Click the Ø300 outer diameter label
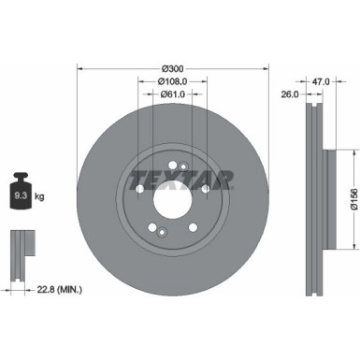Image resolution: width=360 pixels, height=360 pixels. pos(172,68)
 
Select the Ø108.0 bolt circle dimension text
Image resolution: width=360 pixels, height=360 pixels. pos(172,81)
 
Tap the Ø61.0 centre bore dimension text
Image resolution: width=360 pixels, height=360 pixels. pos(172,94)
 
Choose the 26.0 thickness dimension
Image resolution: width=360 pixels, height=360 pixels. pos(290,94)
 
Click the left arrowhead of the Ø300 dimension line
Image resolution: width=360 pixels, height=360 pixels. pos(79,68)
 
